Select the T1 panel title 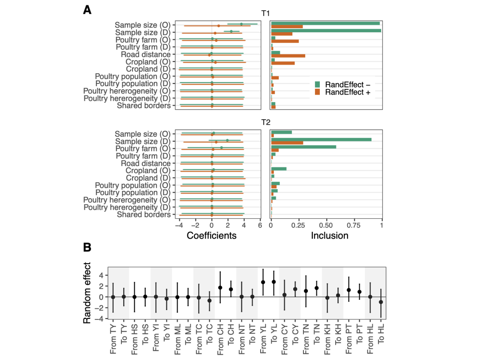(x=265, y=13)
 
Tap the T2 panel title (x=265, y=123)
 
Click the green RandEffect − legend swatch (x=317, y=84)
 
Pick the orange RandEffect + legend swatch (x=317, y=92)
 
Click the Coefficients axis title (x=212, y=235)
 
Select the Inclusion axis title (x=329, y=235)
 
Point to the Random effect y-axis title (x=87, y=293)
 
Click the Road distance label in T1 (x=145, y=54)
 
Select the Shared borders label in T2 (x=144, y=215)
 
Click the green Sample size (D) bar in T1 (x=326, y=30)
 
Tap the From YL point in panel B (x=263, y=282)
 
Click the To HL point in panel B (x=381, y=302)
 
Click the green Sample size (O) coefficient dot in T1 (x=241, y=24)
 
